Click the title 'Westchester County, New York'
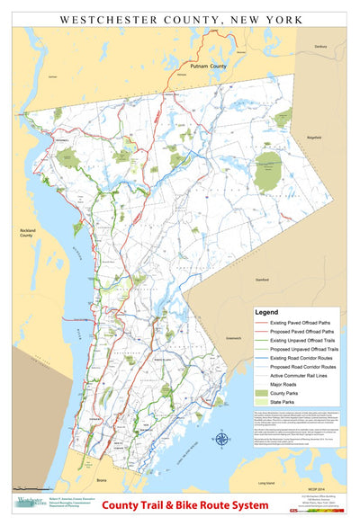pos(180,17)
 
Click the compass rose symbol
pos(221,440)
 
